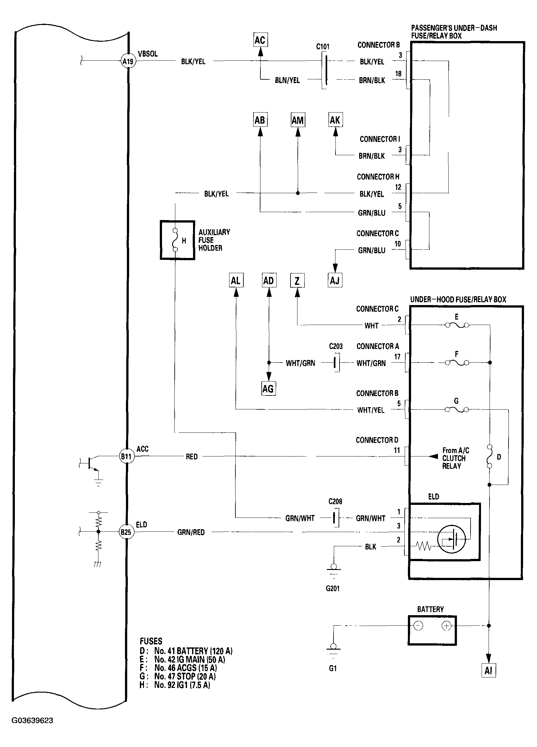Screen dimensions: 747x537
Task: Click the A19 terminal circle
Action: [x=128, y=61]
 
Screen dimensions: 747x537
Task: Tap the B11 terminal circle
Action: [x=126, y=456]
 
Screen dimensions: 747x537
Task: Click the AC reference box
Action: [x=260, y=40]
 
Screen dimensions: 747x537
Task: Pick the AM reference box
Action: [x=298, y=120]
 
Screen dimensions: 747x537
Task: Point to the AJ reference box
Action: [x=335, y=281]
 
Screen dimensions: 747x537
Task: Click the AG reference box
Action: [x=268, y=389]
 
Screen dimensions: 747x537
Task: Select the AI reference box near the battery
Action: [x=489, y=670]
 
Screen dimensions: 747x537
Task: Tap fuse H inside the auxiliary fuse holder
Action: [x=175, y=240]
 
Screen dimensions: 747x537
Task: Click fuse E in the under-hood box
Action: [x=457, y=325]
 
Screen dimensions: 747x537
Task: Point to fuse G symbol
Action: [x=457, y=409]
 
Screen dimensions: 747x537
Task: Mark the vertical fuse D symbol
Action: [x=490, y=456]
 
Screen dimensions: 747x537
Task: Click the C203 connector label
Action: [x=335, y=346]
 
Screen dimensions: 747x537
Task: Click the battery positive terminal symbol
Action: [x=446, y=626]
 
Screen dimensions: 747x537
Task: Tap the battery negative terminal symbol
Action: [x=418, y=626]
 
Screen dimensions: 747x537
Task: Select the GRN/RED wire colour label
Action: [x=191, y=532]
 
